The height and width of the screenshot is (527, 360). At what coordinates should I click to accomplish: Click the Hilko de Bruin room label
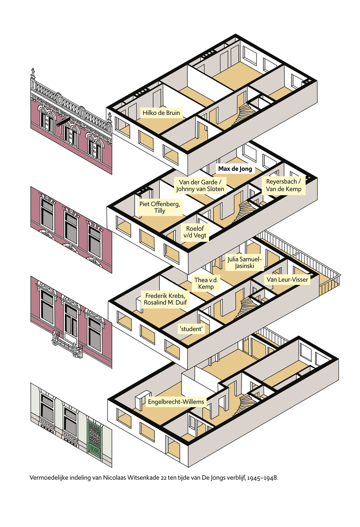click(161, 113)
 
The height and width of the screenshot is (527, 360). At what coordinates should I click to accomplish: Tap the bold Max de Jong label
click(235, 169)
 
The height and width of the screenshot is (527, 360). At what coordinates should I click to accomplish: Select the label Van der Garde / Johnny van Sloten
click(200, 186)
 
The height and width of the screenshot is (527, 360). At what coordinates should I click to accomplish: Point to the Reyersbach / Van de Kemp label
click(283, 185)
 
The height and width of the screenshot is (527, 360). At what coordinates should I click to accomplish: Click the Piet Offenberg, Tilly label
click(160, 207)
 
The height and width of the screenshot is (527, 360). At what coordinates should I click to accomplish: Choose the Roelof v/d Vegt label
click(195, 232)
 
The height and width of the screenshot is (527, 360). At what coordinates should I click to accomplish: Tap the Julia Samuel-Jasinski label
click(244, 262)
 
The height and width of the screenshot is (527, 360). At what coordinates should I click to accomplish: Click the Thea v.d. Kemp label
click(206, 283)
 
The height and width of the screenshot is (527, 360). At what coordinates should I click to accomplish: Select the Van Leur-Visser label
click(287, 280)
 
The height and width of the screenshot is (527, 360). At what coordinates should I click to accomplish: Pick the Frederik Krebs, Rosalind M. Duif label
click(165, 299)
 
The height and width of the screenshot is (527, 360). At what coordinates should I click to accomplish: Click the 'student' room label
click(191, 329)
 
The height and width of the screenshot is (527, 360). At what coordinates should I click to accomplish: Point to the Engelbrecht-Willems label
click(176, 402)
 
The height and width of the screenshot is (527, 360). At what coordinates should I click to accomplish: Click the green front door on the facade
click(94, 439)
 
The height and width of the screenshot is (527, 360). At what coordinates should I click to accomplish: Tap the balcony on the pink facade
click(68, 345)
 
